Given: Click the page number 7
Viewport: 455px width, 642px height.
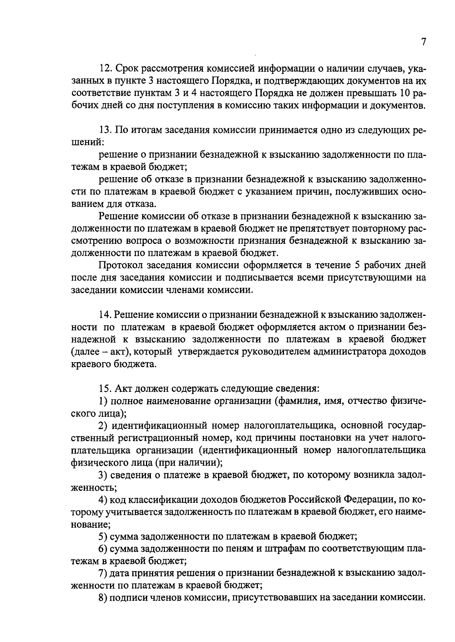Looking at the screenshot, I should [x=423, y=42].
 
